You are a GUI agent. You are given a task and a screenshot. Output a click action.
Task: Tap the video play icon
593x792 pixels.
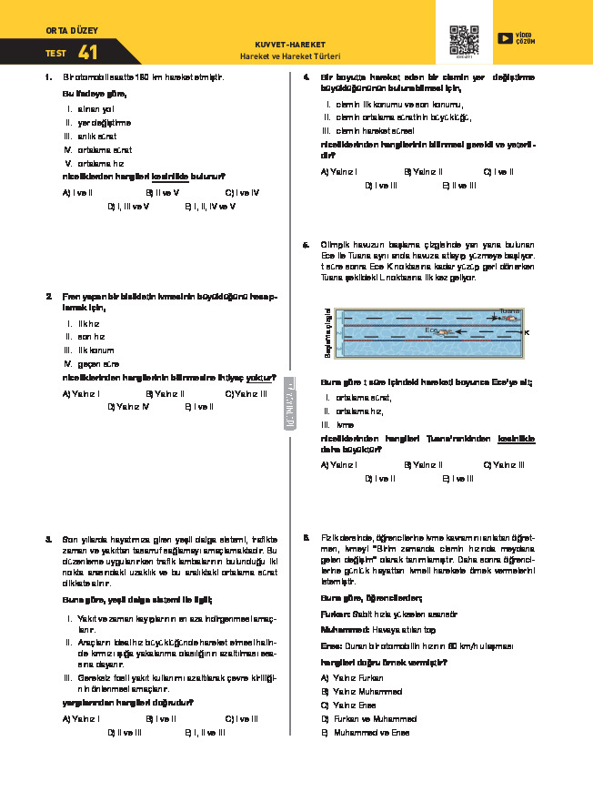(x=504, y=38)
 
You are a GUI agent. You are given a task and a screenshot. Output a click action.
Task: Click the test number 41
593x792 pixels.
(x=88, y=53)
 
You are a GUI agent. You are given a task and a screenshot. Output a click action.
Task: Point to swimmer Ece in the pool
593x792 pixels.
(x=443, y=331)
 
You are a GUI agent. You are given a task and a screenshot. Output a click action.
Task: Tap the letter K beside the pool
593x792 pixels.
(x=526, y=333)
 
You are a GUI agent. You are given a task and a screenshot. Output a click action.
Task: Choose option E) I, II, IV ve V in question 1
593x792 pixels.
(x=210, y=207)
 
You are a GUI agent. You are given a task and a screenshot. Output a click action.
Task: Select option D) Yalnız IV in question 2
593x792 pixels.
(x=127, y=407)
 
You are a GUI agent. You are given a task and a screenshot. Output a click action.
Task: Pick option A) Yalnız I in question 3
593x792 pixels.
(x=81, y=719)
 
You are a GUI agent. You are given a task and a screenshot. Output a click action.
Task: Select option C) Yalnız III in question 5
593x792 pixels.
(x=502, y=464)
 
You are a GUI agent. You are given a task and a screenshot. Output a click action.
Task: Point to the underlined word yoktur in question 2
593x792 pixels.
(x=262, y=376)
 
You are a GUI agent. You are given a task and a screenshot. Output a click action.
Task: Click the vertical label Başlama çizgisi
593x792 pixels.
(x=327, y=334)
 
